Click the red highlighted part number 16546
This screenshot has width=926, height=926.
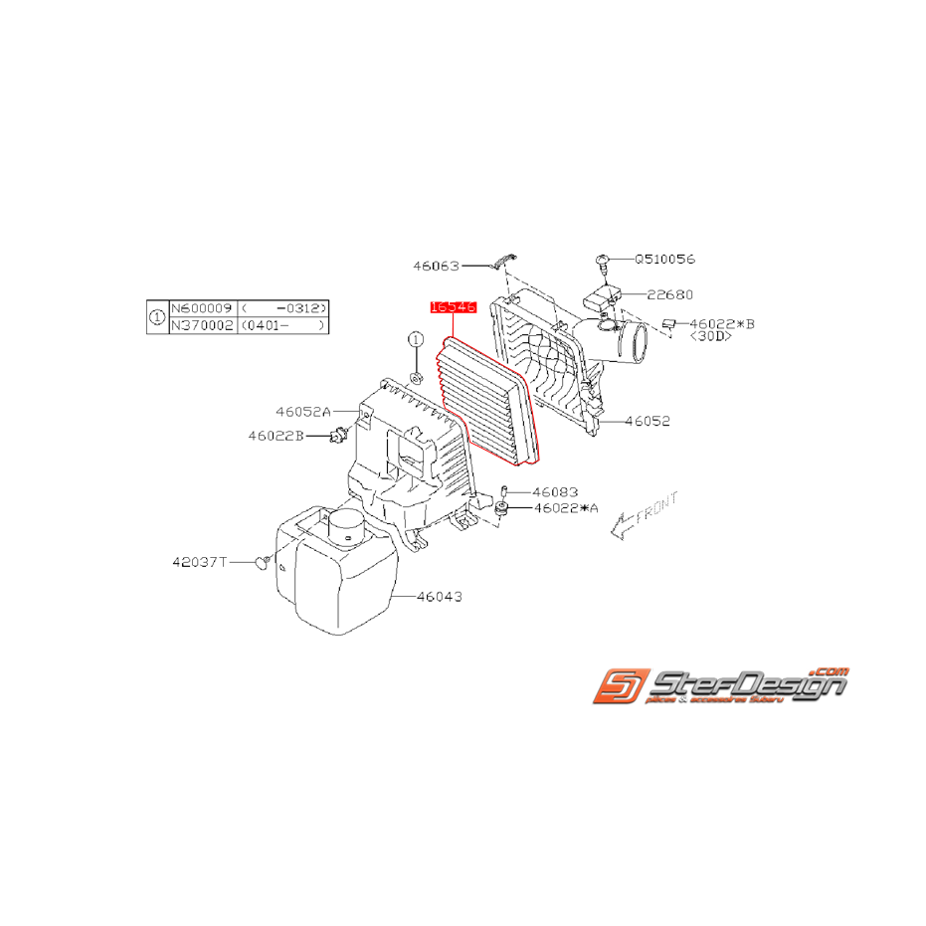(454, 308)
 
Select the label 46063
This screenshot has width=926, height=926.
(437, 266)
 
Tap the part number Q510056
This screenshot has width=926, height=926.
(665, 259)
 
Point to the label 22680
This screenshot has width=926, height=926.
(669, 294)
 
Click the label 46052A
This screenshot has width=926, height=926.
(303, 410)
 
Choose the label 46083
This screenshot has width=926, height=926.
(555, 491)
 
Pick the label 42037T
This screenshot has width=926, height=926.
(198, 562)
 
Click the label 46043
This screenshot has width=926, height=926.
(439, 597)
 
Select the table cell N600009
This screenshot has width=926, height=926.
(202, 309)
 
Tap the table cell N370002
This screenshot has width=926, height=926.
(202, 325)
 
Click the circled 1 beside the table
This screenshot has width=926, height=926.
(157, 317)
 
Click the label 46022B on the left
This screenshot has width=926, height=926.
(276, 435)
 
